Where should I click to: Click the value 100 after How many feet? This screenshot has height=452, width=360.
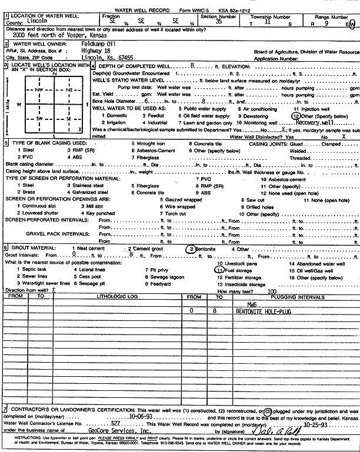[272, 290]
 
